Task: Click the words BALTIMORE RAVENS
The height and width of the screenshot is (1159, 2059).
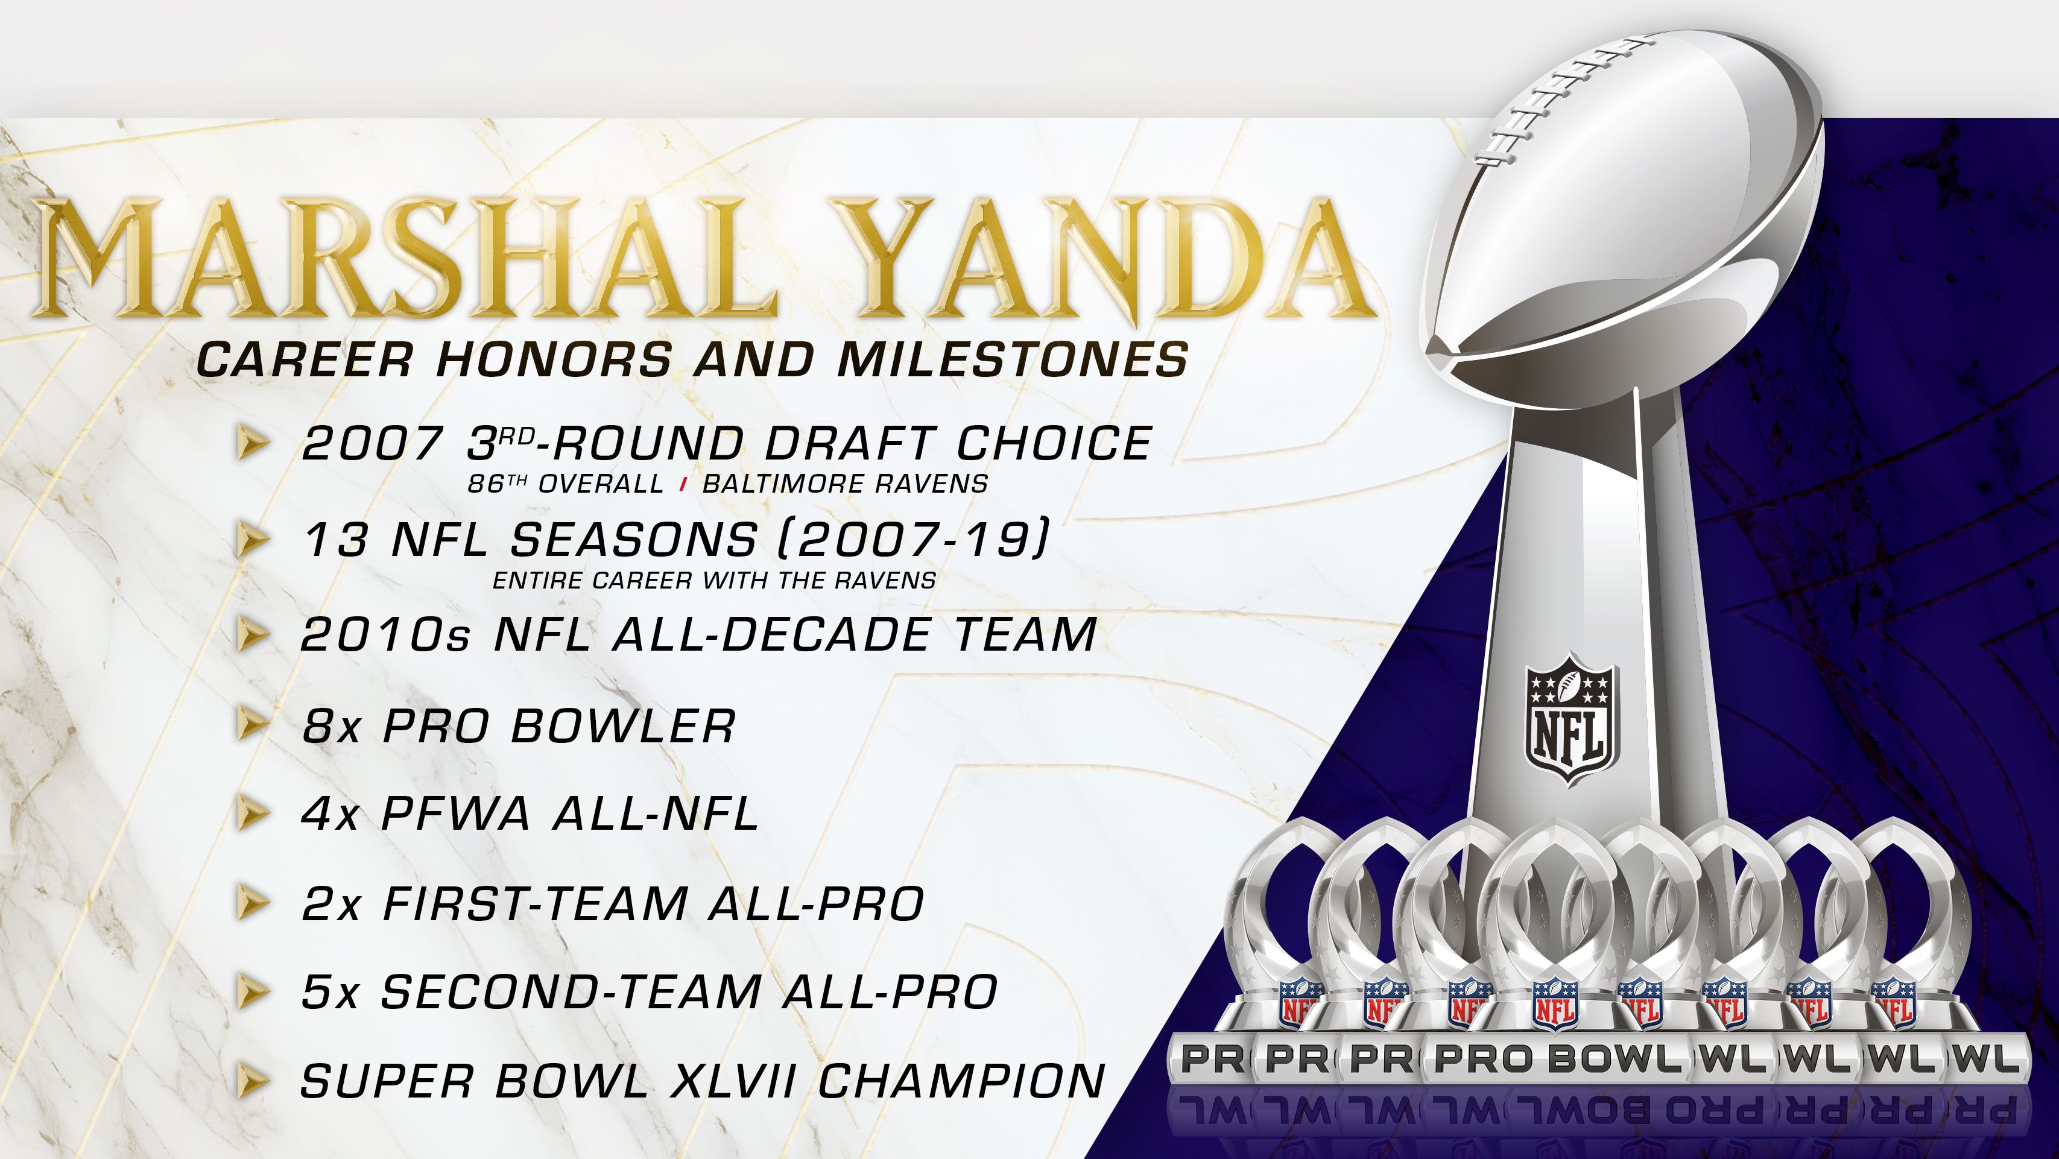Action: tap(845, 484)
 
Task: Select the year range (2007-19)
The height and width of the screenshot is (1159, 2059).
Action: tap(912, 540)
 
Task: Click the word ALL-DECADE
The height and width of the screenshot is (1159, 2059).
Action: tap(771, 636)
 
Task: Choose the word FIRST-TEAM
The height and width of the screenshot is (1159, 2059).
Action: tap(536, 904)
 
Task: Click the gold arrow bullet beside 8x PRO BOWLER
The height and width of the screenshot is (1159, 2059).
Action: tap(251, 725)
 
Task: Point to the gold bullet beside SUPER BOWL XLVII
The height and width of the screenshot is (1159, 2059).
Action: tap(251, 1081)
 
